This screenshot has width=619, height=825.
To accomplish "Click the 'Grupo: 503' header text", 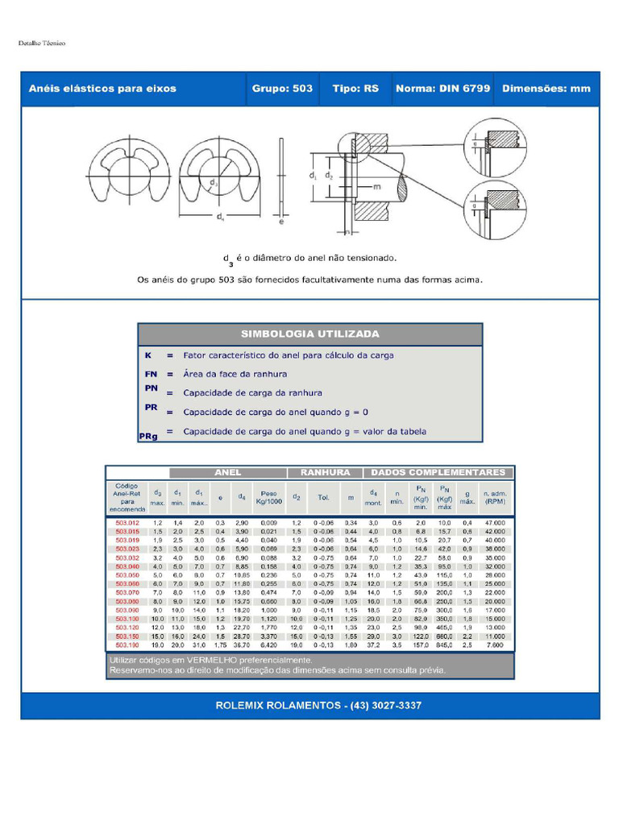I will [x=282, y=89].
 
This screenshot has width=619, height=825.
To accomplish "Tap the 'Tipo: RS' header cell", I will [x=355, y=89].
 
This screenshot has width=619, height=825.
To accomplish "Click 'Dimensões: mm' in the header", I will [x=546, y=89].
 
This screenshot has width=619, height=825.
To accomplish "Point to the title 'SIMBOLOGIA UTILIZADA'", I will [x=310, y=334].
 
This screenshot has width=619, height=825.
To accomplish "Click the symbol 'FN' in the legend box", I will [x=151, y=374].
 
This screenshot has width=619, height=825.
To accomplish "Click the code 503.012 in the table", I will [x=127, y=523].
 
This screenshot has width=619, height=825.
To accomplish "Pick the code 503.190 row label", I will [x=127, y=645].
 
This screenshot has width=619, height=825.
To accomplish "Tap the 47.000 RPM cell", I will [x=494, y=523].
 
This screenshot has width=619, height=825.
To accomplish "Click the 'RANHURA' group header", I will [x=325, y=473].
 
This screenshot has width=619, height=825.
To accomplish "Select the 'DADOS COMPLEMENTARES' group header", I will [x=438, y=473].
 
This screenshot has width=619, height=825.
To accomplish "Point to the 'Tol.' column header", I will [x=324, y=497].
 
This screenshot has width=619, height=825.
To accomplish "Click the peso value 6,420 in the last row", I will [x=268, y=645].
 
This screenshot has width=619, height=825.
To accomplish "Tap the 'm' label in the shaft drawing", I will [x=377, y=186].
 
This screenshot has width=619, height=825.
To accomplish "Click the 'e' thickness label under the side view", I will [x=280, y=222].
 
